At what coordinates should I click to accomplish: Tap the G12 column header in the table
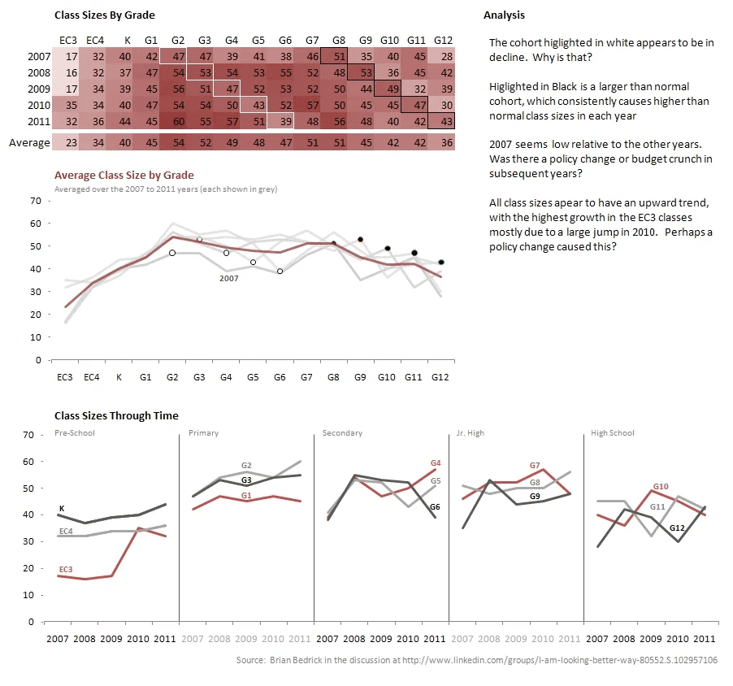pyautogui.click(x=443, y=40)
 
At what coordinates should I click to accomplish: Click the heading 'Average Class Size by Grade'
pyautogui.click(x=124, y=175)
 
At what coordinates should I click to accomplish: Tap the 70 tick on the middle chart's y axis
pyautogui.click(x=35, y=200)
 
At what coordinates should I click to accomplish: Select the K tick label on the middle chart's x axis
pyautogui.click(x=119, y=377)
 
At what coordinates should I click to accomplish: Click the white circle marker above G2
pyautogui.click(x=172, y=253)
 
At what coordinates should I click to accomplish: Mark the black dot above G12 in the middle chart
pyautogui.click(x=440, y=263)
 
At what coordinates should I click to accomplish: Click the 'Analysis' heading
pyautogui.click(x=504, y=15)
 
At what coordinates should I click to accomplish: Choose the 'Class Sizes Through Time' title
pyautogui.click(x=115, y=416)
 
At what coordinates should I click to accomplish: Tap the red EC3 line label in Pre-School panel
pyautogui.click(x=66, y=569)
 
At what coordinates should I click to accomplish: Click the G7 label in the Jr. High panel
pyautogui.click(x=535, y=466)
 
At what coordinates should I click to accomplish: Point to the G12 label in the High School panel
pyautogui.click(x=676, y=528)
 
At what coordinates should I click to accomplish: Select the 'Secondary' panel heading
pyautogui.click(x=342, y=433)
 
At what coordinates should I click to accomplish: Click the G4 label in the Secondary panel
pyautogui.click(x=435, y=463)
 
